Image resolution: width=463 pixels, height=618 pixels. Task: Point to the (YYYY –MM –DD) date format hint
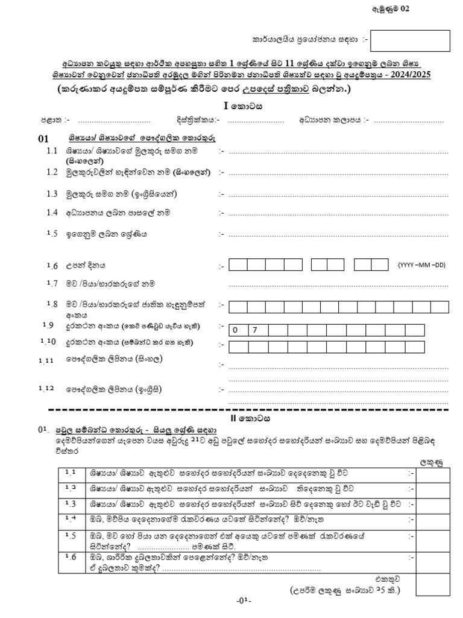[421, 264]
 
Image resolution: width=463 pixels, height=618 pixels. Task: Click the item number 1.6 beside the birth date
[52, 266]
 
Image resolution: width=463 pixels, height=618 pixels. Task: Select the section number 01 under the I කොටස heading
[43, 139]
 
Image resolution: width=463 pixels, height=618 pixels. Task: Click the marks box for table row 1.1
[433, 474]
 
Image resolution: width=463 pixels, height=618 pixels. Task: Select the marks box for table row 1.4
[433, 518]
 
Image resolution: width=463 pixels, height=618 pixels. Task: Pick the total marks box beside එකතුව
[433, 584]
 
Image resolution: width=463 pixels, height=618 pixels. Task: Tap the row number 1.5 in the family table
[71, 535]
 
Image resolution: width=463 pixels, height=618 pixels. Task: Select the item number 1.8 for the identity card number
[52, 304]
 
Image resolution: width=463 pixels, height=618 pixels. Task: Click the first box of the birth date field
[238, 264]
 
